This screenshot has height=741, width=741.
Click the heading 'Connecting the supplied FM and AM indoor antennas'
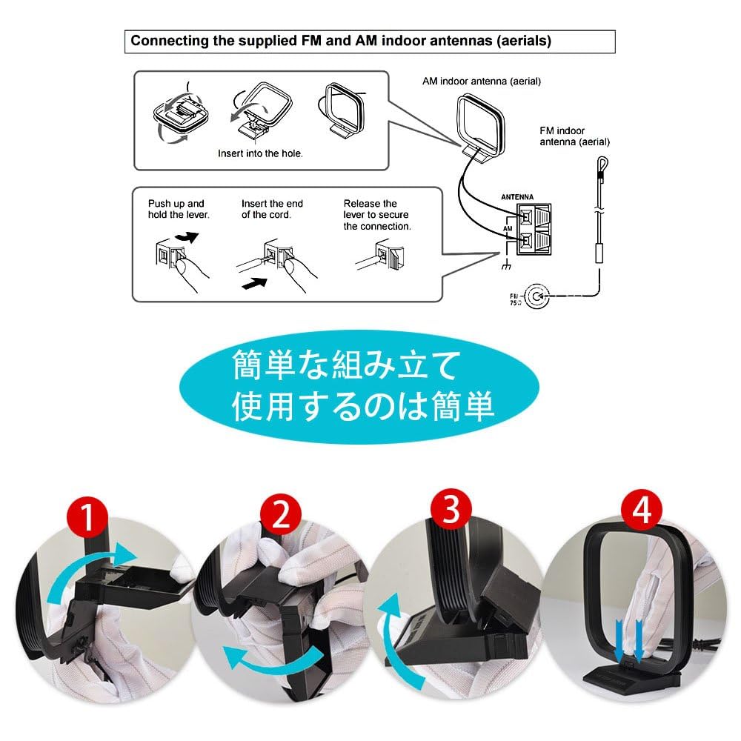click(341, 41)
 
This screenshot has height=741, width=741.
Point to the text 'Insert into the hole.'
click(260, 153)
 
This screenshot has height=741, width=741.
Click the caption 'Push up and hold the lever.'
click(179, 209)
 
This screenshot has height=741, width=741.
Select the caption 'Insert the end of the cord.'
click(272, 209)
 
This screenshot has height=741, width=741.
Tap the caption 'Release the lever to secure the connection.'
click(376, 215)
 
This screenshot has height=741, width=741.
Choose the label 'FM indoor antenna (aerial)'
click(576, 136)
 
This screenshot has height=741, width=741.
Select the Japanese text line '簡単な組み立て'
click(347, 365)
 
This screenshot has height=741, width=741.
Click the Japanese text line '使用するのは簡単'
click(363, 406)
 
